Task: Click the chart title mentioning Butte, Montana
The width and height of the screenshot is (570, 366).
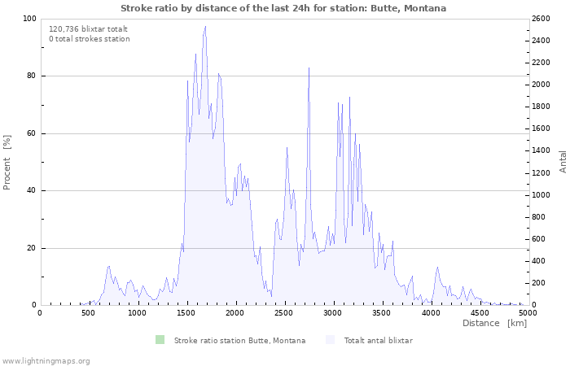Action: (283, 8)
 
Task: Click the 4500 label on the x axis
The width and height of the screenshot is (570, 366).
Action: (479, 312)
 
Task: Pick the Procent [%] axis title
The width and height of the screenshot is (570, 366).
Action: (7, 163)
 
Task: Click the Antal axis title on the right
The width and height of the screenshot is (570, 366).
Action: (563, 162)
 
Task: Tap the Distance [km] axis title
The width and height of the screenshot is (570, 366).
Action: (494, 323)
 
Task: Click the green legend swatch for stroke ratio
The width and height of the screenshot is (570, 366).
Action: (160, 340)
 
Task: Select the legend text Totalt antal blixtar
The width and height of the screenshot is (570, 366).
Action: (379, 341)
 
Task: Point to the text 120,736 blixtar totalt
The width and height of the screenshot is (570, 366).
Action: (88, 29)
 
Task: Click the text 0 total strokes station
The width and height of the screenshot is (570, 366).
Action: (90, 39)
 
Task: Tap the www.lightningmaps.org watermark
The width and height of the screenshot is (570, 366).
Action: (45, 361)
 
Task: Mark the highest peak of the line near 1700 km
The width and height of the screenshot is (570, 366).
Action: (205, 26)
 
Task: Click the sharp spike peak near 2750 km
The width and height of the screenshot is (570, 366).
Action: (309, 68)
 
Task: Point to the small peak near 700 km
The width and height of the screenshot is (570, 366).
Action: (108, 266)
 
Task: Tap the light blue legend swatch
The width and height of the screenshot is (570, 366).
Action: (330, 340)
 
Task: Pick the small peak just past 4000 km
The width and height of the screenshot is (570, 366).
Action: (437, 268)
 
